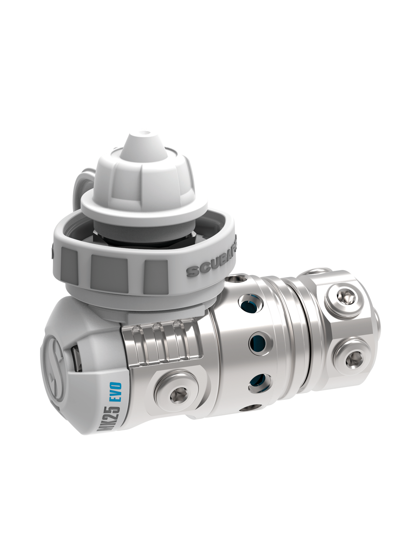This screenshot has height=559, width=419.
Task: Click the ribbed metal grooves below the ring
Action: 161,343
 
